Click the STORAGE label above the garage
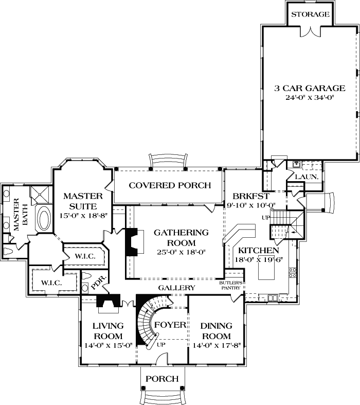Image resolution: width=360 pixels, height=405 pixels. [310, 14]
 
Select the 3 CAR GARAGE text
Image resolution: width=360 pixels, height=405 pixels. [309, 88]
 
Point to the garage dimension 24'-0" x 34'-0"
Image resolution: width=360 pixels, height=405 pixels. [309, 98]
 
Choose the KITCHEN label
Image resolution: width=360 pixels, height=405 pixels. [258, 250]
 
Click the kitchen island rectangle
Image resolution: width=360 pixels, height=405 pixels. [265, 267]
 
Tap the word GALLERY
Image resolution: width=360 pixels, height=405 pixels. [176, 288]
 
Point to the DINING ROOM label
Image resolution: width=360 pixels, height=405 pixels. [216, 331]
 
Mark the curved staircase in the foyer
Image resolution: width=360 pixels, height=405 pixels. [147, 324]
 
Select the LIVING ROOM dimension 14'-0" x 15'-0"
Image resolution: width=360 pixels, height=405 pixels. [108, 346]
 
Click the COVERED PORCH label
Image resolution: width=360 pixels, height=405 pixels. [170, 185]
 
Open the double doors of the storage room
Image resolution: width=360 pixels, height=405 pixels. [310, 31]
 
